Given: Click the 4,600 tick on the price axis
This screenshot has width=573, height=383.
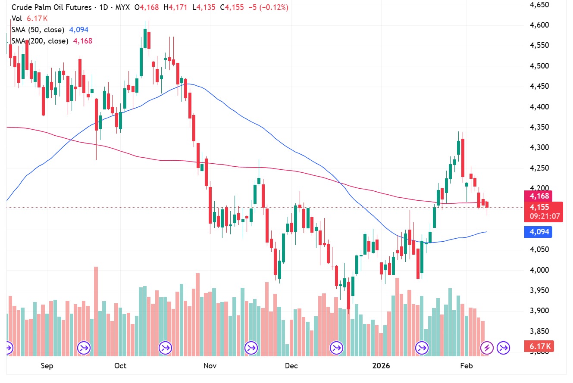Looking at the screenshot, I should pos(540,25).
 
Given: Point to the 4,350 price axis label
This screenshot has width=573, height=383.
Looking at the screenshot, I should pos(540,127).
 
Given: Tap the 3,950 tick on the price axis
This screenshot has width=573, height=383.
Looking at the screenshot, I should pos(540,290).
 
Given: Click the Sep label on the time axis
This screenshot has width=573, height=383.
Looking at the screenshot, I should pos(47,366).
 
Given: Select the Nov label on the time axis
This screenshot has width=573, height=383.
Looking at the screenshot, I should pos(210,366).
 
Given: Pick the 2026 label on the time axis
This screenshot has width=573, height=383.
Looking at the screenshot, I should pos(381,366).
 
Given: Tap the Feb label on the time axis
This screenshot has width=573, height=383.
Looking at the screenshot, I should pos(467,366).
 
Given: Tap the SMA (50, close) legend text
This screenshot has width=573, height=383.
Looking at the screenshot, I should pos(38,30).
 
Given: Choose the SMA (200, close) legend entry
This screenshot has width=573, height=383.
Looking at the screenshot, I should pos(40,41).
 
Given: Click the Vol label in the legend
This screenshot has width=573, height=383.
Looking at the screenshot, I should pos(17,19).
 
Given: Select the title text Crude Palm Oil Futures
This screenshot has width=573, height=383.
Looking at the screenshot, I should pos(51,7).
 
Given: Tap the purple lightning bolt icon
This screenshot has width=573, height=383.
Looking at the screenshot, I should pos(487,347).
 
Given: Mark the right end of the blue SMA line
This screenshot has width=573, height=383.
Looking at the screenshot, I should pos(487,232).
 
